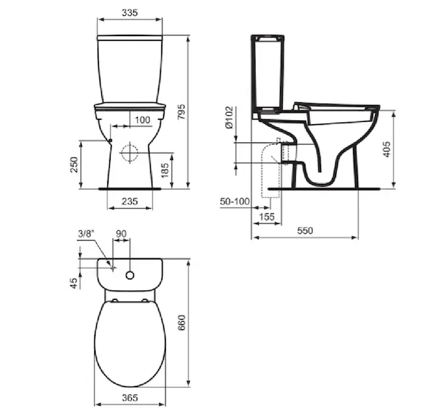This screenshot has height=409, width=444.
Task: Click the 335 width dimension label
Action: [x=130, y=13]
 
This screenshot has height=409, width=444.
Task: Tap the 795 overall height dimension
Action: [x=182, y=112]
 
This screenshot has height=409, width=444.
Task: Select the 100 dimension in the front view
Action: [x=143, y=120]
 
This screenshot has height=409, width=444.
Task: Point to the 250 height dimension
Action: [x=74, y=164]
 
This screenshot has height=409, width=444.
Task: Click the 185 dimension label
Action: [x=165, y=170]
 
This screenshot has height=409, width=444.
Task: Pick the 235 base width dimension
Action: [x=130, y=201]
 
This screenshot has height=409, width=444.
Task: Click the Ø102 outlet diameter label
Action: [x=230, y=117]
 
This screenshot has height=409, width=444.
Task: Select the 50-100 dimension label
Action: [x=235, y=202]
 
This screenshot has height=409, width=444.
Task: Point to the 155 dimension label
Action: [x=267, y=217]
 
